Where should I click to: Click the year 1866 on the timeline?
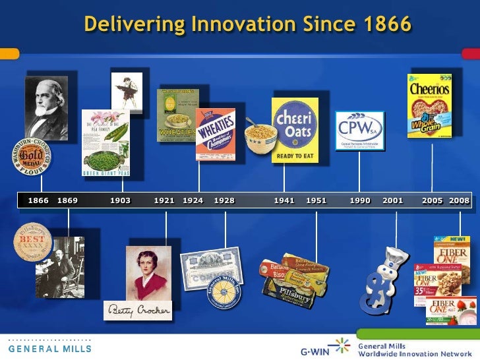38,200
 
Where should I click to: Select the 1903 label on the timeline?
120,200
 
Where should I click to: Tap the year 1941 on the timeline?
284,200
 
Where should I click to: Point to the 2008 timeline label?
460,200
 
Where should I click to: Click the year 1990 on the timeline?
360,200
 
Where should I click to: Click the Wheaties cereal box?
215,135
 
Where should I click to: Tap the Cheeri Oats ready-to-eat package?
295,130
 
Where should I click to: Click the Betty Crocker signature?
137,310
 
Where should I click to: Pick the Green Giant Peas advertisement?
105,142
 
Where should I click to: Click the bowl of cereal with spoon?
260,138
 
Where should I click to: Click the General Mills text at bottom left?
49,347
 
